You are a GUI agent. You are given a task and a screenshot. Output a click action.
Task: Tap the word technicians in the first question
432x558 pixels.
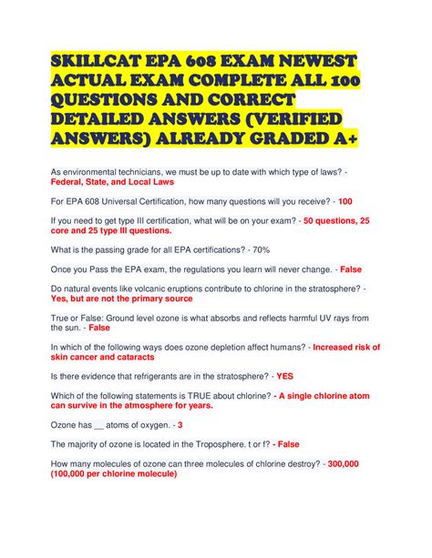click(153, 170)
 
